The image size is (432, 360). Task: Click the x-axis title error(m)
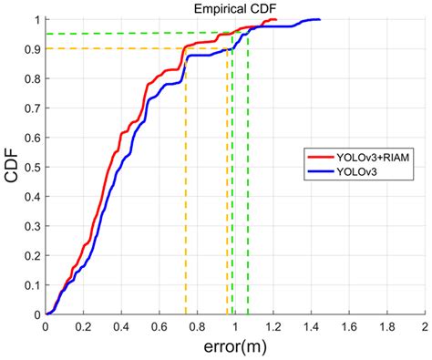(234, 346)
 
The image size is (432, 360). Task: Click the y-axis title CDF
(12, 167)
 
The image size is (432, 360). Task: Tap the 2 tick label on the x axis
(424, 325)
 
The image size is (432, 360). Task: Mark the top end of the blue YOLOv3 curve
(319, 19)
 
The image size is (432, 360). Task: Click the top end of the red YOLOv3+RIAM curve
(274, 19)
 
